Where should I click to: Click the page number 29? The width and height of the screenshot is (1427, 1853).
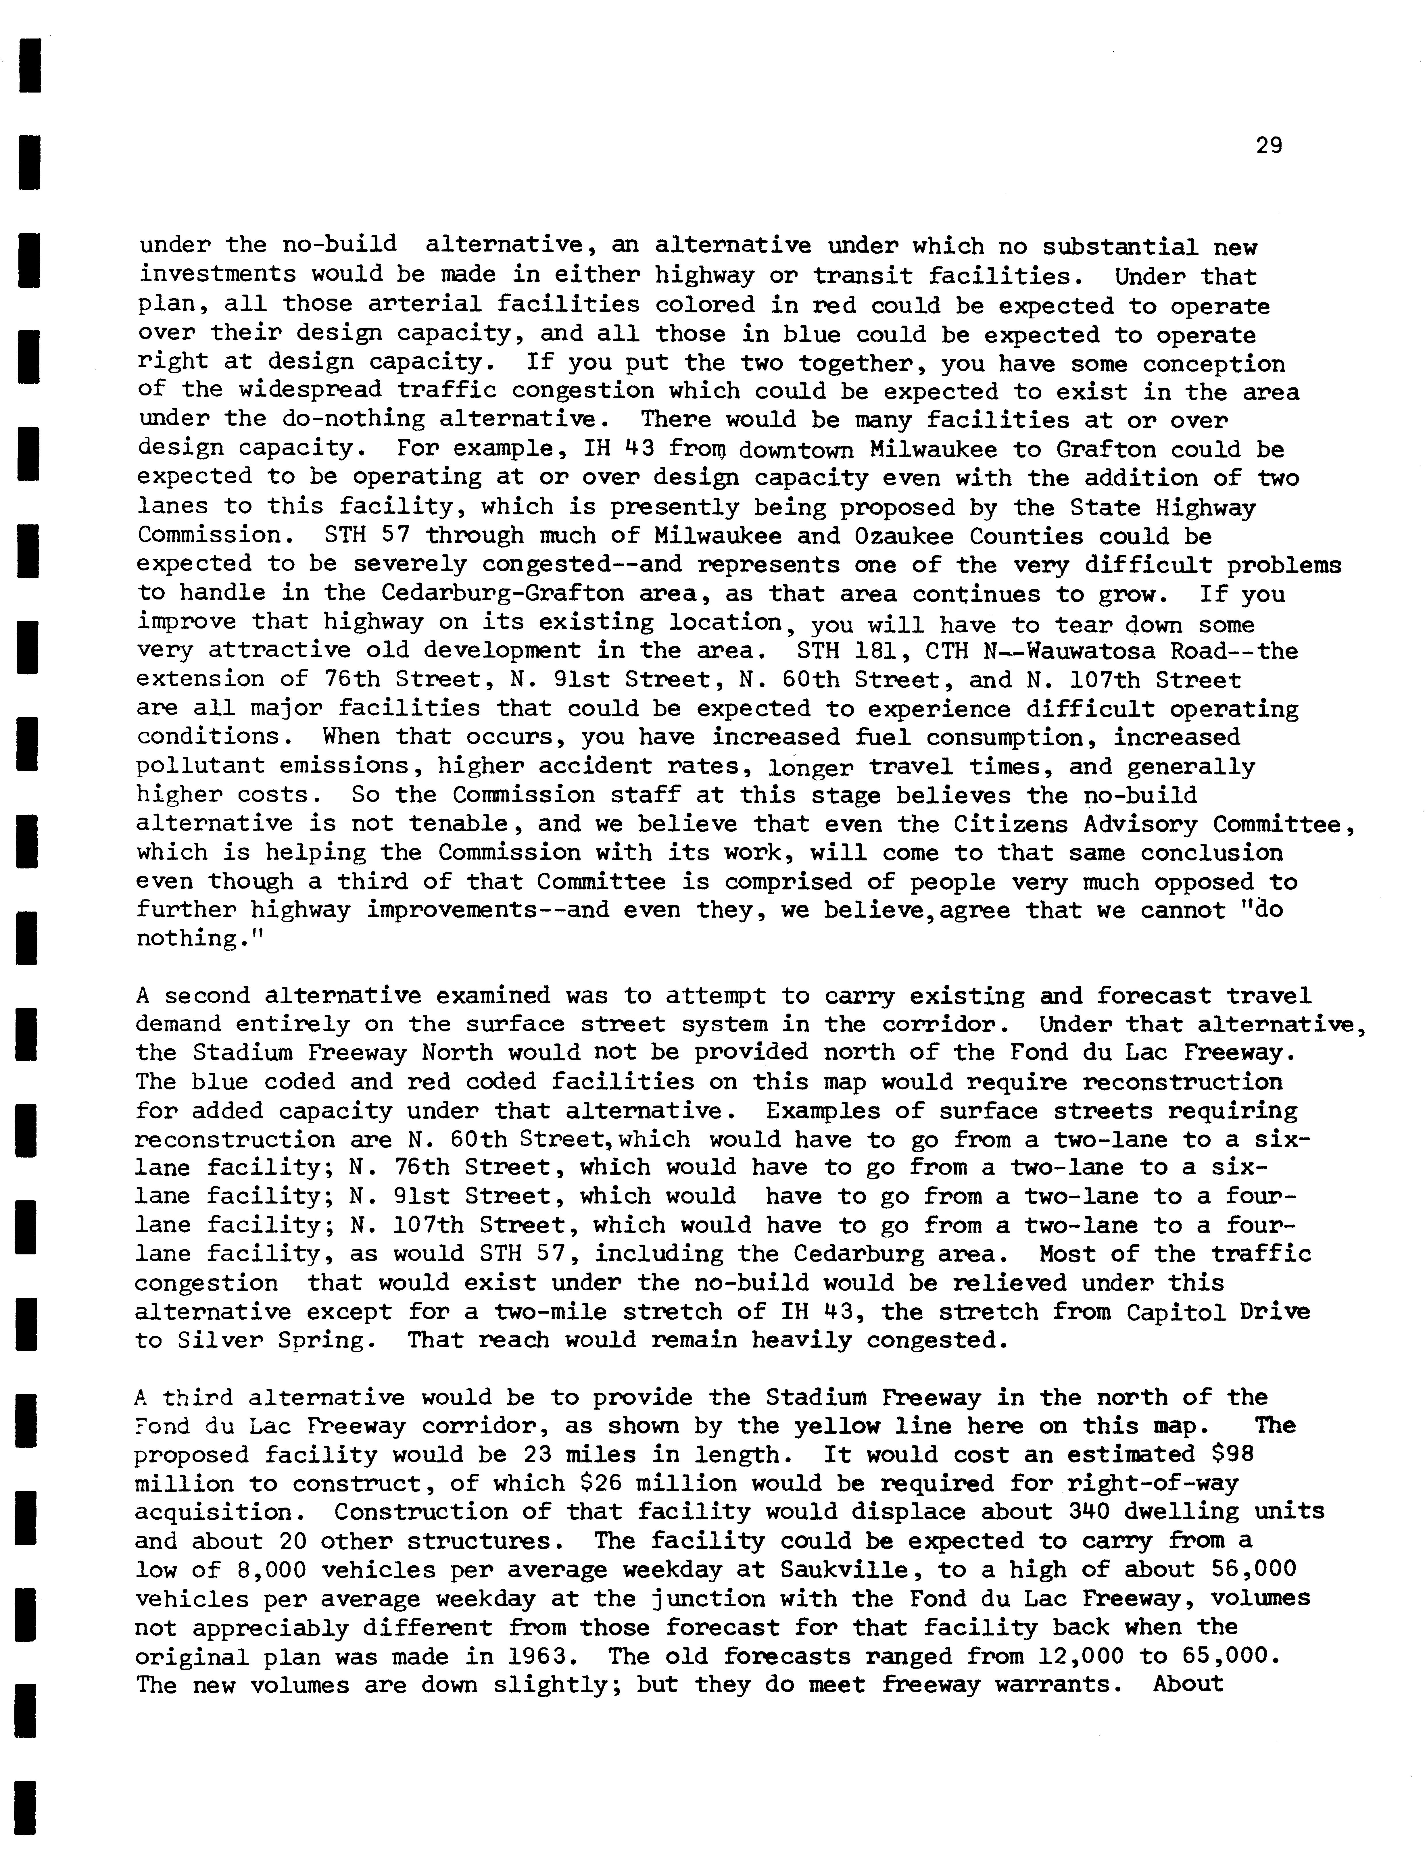click(1269, 146)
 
